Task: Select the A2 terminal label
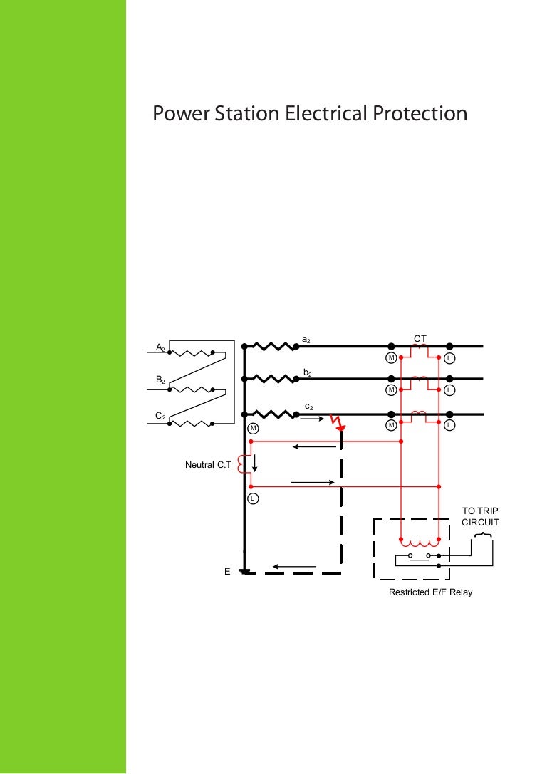click(x=161, y=347)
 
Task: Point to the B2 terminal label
click(x=161, y=381)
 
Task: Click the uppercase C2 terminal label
click(x=161, y=415)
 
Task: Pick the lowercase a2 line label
click(x=306, y=340)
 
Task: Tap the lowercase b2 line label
click(x=306, y=373)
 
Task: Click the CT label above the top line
click(x=420, y=338)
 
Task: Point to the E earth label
click(x=227, y=571)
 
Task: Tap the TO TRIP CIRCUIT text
click(x=480, y=516)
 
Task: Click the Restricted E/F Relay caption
click(x=430, y=592)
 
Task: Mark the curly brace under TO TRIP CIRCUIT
click(x=482, y=535)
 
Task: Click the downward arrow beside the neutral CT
click(x=254, y=463)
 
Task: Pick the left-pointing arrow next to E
click(x=294, y=568)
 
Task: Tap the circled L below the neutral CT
click(x=252, y=498)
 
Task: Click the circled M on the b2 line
click(x=391, y=390)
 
